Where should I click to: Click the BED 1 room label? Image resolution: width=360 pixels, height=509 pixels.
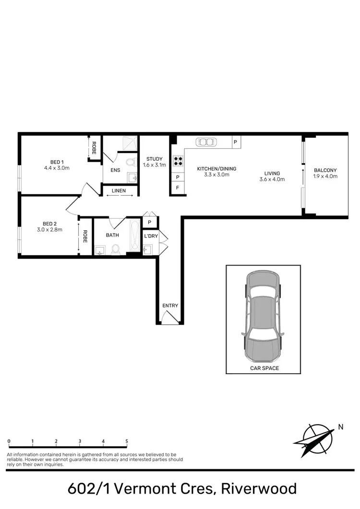pos(57,162)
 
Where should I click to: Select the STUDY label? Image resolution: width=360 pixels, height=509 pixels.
pos(155,159)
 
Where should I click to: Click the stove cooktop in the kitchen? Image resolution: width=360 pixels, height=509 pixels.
pos(178,160)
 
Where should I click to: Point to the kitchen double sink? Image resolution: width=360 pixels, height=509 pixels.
pos(206,142)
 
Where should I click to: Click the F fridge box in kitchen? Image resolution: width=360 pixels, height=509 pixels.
pos(178,188)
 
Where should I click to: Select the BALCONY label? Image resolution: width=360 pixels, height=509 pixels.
pos(325,170)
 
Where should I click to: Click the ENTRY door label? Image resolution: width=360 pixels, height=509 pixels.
pos(170,306)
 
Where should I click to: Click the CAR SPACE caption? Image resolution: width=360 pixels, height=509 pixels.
pos(264,368)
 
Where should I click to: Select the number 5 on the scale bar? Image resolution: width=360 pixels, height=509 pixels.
pos(127,441)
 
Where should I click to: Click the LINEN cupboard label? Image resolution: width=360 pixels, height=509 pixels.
pos(119,190)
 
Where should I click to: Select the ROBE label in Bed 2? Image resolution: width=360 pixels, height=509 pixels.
pos(85,237)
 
